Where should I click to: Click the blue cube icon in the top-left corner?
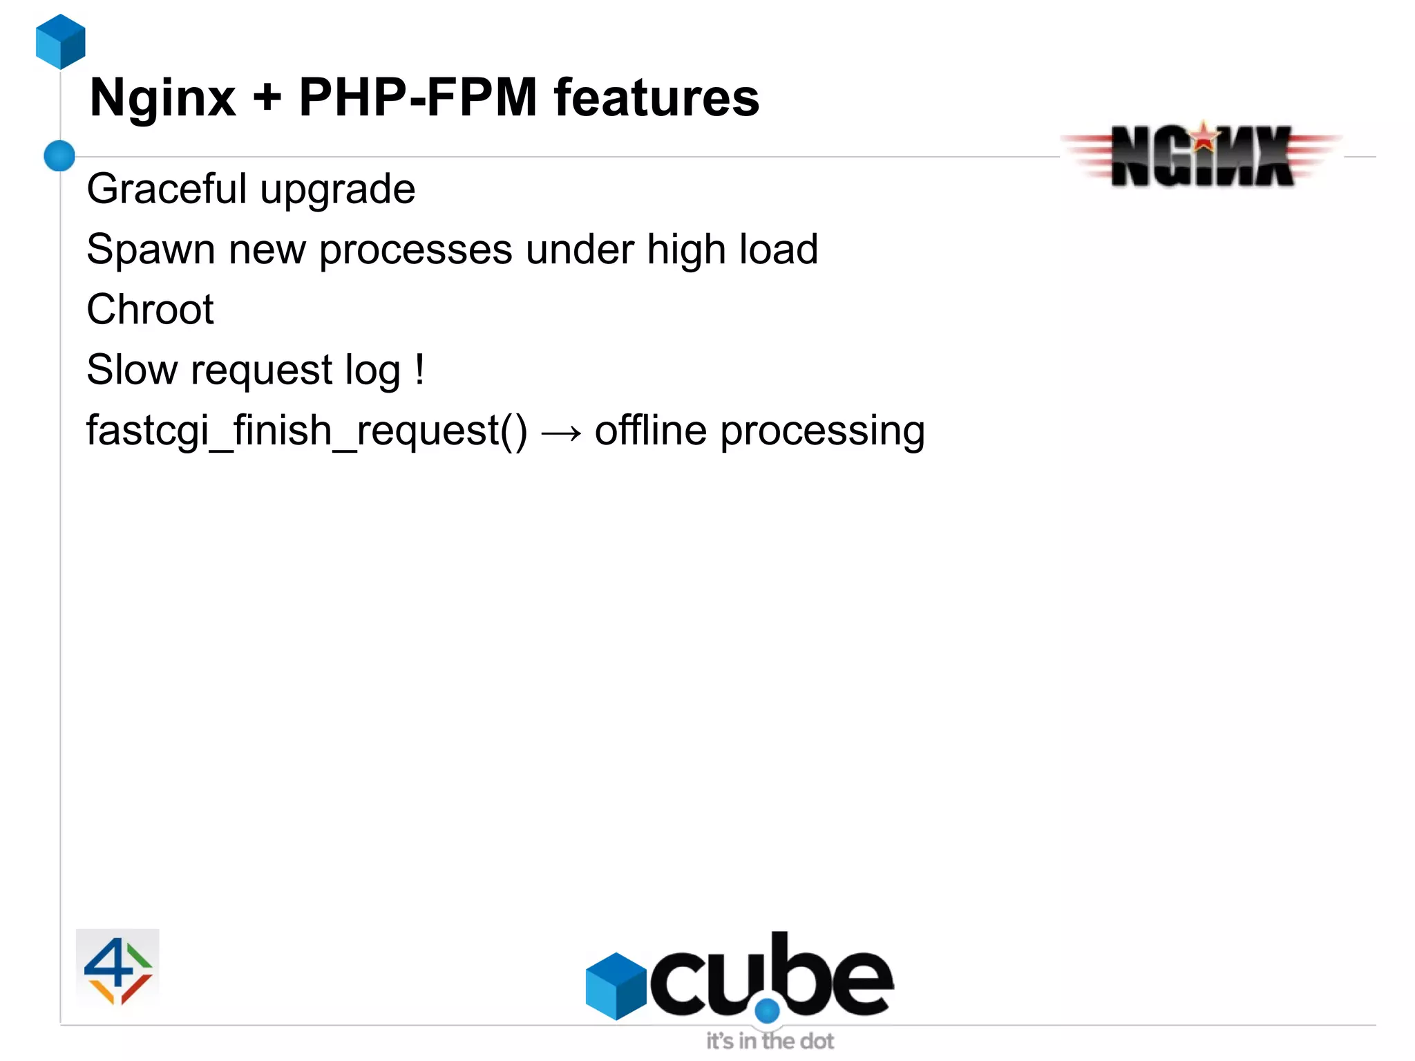click(x=61, y=41)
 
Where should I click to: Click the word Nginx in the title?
click(x=163, y=98)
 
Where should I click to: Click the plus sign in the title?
click(x=267, y=98)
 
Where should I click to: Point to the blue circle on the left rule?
click(x=59, y=156)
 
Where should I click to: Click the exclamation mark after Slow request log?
click(x=419, y=369)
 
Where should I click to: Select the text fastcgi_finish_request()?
click(x=307, y=431)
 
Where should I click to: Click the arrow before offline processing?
click(x=561, y=433)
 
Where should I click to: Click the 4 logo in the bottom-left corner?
click(x=117, y=969)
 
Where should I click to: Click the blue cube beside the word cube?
click(x=616, y=986)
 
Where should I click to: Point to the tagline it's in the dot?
click(x=770, y=1041)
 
